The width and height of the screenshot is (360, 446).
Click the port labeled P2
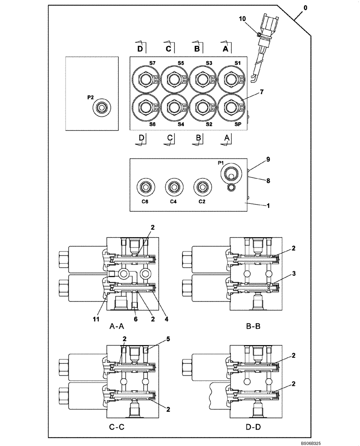click(102, 107)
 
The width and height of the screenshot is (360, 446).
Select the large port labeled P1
click(231, 173)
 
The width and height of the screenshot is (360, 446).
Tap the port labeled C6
click(144, 186)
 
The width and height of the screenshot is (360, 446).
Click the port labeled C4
click(173, 186)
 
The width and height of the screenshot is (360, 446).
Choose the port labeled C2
click(201, 186)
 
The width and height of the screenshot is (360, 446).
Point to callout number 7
click(262, 92)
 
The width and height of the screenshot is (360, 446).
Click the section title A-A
click(118, 326)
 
